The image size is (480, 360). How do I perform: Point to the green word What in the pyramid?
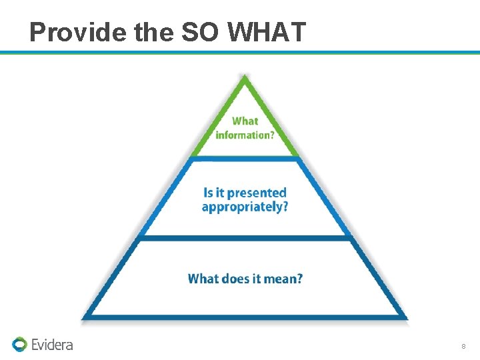245,121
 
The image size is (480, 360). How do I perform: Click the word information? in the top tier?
245,134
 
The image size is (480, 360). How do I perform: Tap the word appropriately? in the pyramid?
245,207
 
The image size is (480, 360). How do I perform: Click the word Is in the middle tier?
209,193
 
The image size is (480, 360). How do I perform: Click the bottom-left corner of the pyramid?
85,317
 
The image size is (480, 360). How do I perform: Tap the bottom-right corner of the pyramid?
405,317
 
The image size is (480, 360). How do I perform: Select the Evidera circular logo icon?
19,344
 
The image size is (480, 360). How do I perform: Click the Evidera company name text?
52,344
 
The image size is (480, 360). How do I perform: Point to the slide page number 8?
463,347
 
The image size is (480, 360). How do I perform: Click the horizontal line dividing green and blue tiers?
245,158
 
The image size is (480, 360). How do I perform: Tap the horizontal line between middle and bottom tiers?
245,237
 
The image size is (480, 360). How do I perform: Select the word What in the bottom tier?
203,279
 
